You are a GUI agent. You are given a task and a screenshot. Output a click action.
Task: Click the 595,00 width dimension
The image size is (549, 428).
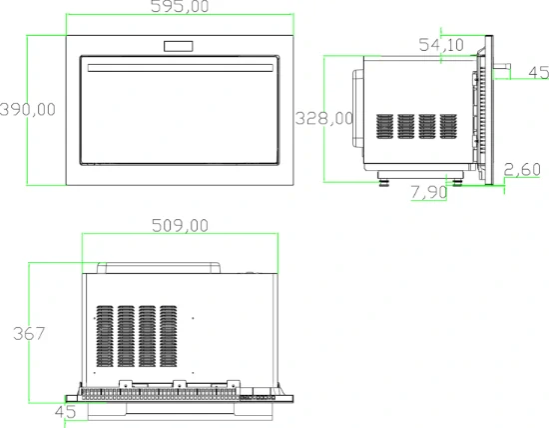click(180, 6)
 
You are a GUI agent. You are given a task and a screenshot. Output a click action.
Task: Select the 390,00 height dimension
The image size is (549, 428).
click(28, 109)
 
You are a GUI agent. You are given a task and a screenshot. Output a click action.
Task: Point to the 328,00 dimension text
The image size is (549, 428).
click(323, 118)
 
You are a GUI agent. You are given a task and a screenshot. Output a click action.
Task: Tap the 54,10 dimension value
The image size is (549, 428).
click(441, 45)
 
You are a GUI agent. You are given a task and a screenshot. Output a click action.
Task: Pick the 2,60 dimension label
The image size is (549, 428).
click(522, 170)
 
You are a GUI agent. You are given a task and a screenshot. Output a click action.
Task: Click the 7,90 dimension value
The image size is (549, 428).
click(429, 192)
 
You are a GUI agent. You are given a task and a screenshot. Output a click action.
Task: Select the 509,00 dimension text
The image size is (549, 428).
click(180, 226)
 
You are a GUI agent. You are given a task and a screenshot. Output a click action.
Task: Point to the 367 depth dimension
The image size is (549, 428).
click(29, 333)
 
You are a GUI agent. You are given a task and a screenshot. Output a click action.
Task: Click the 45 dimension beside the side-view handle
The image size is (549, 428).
click(538, 72)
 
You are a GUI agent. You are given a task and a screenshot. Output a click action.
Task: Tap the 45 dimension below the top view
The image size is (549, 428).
click(66, 412)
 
